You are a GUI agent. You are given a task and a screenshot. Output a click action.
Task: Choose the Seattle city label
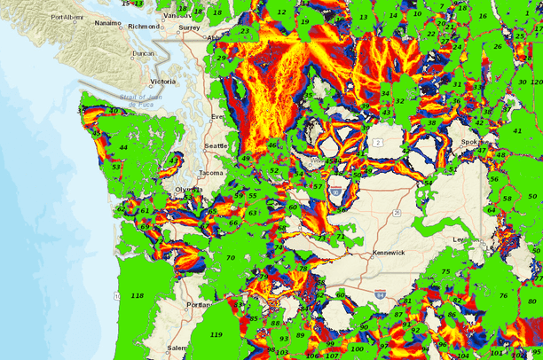[x=216, y=145]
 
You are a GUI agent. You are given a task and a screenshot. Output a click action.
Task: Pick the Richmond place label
[x=144, y=27]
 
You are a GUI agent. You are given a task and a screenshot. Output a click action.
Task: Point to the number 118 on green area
[x=137, y=295]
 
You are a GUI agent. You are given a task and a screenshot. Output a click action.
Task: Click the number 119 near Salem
[x=216, y=334]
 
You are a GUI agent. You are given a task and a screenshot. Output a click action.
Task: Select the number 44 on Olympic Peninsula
[x=123, y=147]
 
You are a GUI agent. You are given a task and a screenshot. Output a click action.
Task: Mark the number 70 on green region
[x=231, y=258]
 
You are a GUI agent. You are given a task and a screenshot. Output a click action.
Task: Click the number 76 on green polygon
[x=503, y=296]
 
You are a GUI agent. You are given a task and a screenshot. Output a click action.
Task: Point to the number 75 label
[x=446, y=272]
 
